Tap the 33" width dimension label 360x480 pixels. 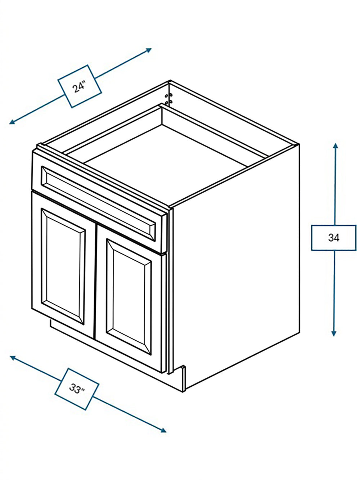[x=77, y=389]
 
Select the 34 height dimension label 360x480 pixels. [x=334, y=238]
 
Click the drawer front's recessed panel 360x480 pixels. [x=98, y=204]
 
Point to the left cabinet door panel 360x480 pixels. [x=63, y=266]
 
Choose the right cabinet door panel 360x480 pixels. [x=129, y=297]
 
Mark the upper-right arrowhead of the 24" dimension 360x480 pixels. [x=149, y=50]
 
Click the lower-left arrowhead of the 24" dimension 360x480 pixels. [x=12, y=122]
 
